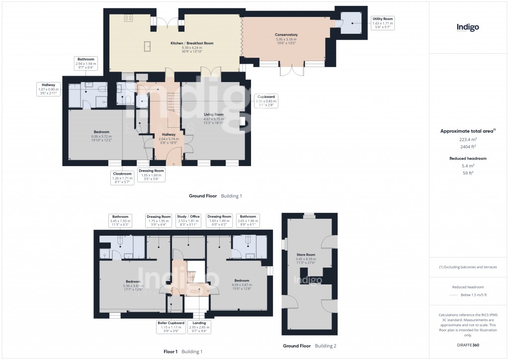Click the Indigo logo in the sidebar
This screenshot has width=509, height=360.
pos(468,28)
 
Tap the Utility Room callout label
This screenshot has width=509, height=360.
pos(383,23)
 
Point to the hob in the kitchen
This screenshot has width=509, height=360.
pos(128,18)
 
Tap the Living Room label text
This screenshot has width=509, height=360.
pos(214,117)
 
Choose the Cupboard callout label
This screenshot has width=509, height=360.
pos(266,100)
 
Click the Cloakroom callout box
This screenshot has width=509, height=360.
pos(122,178)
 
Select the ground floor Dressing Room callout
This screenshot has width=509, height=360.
pos(152,175)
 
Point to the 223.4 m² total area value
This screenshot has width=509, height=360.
pos(468,140)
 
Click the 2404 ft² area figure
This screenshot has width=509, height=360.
pos(468,147)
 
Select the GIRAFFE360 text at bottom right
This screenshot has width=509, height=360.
pos(468,345)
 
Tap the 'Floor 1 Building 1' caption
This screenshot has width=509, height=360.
pos(183,352)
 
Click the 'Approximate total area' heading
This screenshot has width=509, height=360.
pos(467,131)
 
